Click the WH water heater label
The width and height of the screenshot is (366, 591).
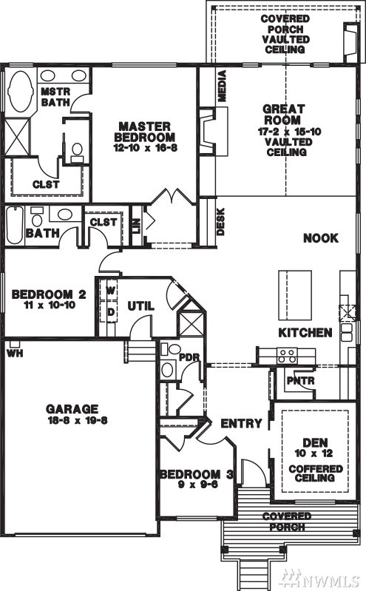click(15, 354)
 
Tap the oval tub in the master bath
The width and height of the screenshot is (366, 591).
click(20, 91)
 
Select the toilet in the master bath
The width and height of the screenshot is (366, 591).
click(77, 152)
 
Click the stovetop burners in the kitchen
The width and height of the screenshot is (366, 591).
click(287, 356)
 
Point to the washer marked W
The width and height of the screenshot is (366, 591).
click(111, 290)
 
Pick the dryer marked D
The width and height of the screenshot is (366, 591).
click(111, 312)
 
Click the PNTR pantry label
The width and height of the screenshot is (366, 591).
click(300, 380)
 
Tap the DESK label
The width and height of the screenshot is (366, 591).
click(221, 222)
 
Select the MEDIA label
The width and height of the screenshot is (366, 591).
click(222, 86)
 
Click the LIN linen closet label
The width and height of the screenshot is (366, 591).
click(137, 226)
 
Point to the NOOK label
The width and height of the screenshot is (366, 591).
click(321, 238)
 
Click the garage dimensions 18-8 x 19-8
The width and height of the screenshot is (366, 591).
click(78, 420)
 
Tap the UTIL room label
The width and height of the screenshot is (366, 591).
click(141, 306)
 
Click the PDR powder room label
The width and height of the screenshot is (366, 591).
click(189, 357)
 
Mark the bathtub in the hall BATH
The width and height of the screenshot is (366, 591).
click(15, 226)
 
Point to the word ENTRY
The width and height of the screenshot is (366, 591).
click(241, 423)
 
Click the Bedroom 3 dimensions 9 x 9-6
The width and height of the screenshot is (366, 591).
click(198, 484)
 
